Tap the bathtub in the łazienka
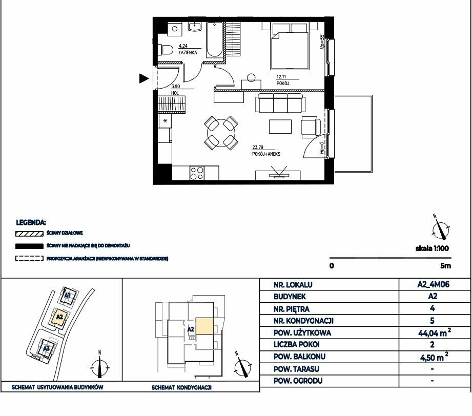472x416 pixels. [x=214, y=40]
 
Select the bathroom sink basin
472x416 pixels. [x=195, y=27]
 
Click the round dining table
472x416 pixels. [x=221, y=133]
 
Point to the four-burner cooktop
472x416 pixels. [x=197, y=173]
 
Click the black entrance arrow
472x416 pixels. [x=144, y=78]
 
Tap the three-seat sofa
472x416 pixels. [x=280, y=103]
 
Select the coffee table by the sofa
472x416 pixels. [x=280, y=127]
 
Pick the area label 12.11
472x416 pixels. [x=281, y=77]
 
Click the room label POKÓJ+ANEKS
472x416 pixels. [x=266, y=154]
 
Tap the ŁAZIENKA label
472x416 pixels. [x=188, y=52]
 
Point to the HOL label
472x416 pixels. [x=175, y=93]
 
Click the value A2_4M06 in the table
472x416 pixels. [x=433, y=284]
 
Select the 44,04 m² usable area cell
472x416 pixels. [x=435, y=332]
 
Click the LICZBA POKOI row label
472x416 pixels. [x=297, y=344]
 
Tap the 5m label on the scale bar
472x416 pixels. [x=445, y=266]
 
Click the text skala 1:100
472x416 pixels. [x=432, y=248]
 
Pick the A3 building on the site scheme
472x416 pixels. [x=46, y=348]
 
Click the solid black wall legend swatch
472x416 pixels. [x=29, y=246]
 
